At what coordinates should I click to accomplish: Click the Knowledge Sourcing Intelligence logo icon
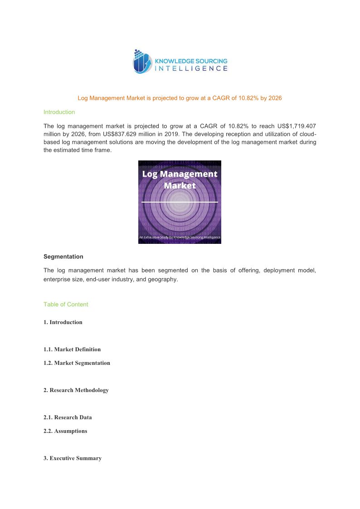[x=141, y=62]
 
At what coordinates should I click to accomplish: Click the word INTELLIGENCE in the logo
[x=191, y=69]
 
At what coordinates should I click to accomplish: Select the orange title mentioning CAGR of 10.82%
[x=180, y=98]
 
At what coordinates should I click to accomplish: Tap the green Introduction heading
[x=59, y=112]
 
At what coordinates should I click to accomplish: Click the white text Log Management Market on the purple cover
[x=180, y=179]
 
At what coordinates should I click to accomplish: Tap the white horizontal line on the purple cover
[x=180, y=201]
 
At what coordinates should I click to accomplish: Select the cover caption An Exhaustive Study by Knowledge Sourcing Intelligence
[x=180, y=237]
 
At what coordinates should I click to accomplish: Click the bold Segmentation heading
[x=63, y=257]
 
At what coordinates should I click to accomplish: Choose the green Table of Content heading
[x=66, y=305]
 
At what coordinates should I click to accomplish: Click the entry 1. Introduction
[x=63, y=322]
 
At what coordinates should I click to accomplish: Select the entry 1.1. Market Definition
[x=72, y=349]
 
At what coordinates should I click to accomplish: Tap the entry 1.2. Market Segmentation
[x=77, y=363]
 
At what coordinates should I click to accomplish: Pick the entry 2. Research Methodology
[x=76, y=390]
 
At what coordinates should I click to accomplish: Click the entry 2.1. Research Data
[x=68, y=417]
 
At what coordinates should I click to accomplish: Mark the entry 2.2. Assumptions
[x=65, y=431]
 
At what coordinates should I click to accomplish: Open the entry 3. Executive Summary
[x=73, y=458]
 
